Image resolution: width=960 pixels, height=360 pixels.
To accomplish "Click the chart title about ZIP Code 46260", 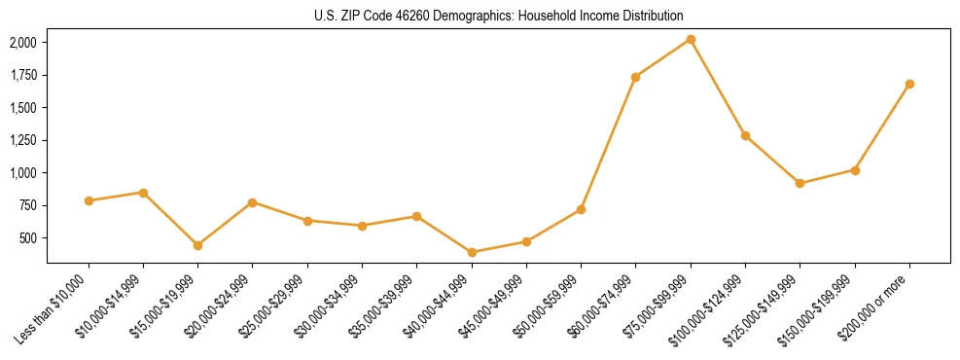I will (480, 16).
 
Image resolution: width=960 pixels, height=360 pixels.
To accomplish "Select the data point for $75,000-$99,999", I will (691, 39).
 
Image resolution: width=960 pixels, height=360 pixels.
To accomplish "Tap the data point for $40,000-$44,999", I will (472, 252).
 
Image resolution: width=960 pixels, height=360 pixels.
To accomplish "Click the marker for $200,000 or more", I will (909, 84).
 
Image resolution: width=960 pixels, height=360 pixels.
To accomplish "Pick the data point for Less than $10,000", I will (89, 200).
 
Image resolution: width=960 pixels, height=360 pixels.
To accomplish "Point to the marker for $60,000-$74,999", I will (635, 77).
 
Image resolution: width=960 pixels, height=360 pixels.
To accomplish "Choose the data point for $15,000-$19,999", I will (197, 245).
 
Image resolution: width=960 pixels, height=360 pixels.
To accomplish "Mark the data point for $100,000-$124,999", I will (745, 135).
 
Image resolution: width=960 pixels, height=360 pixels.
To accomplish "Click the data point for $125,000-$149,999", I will (800, 183).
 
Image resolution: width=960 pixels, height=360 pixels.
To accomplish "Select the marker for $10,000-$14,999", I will (143, 193).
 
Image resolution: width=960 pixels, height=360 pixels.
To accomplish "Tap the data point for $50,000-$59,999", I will (581, 209).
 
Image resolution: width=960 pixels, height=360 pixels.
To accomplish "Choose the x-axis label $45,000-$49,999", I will (492, 306).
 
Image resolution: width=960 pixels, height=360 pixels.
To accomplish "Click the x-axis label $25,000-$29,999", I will (273, 306).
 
